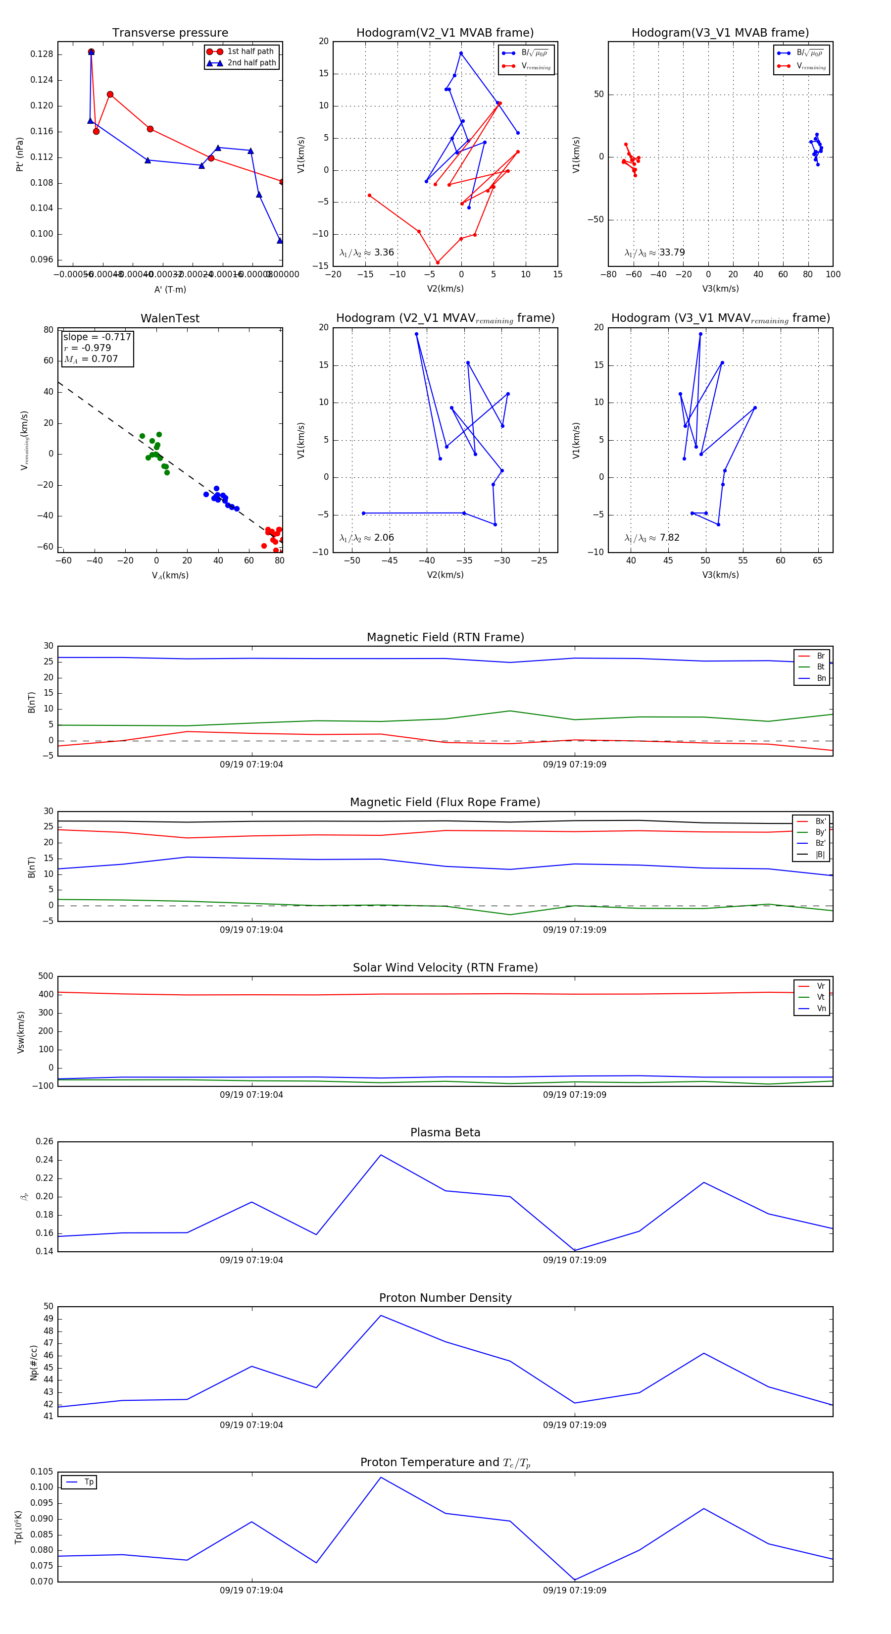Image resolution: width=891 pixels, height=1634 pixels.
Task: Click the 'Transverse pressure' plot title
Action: coord(170,33)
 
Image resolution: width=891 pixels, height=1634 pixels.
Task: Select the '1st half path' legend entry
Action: coord(250,51)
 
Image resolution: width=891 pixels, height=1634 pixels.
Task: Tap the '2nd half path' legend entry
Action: coord(251,63)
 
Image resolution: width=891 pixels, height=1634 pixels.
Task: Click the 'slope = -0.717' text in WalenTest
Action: coord(97,337)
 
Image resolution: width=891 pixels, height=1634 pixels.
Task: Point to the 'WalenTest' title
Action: coord(170,318)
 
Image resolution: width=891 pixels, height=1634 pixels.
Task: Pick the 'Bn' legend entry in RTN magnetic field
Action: coord(821,678)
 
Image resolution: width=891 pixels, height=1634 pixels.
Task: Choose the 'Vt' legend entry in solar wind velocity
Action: coord(821,997)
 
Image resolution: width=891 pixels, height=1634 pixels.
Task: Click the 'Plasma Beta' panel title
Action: coord(445,1133)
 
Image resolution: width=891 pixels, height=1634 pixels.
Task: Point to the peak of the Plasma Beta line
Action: coord(381,1155)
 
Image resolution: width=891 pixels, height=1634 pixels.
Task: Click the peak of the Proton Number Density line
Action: coord(381,1316)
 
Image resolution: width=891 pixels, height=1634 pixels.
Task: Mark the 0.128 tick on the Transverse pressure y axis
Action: coord(42,54)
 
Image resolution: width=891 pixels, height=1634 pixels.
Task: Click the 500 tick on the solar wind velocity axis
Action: coord(46,976)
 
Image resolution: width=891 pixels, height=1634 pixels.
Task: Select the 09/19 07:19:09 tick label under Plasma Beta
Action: coord(575,1260)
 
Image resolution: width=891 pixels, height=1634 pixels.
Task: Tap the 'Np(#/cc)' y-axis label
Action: coord(34,1363)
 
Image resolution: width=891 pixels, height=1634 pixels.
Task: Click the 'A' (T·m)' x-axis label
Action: coord(170,289)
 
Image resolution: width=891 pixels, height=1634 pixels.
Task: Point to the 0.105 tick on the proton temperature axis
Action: coord(42,1472)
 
